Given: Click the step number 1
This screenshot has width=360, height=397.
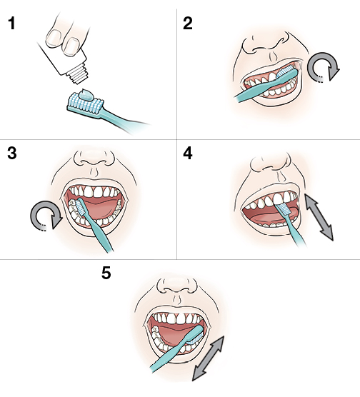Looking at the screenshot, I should click(11, 24).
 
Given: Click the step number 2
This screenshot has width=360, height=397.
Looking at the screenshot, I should click(188, 24).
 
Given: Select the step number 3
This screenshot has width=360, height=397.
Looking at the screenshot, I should click(11, 155).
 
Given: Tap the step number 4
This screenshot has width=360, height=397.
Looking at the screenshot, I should click(188, 155).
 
